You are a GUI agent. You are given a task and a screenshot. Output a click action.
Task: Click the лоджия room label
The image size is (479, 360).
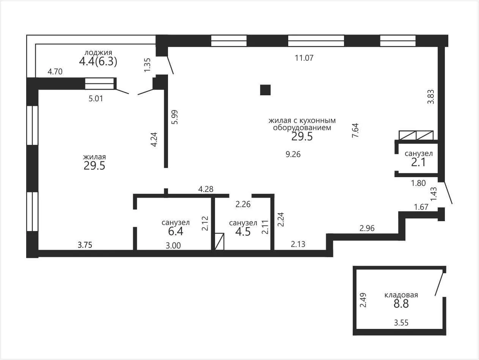(98, 53)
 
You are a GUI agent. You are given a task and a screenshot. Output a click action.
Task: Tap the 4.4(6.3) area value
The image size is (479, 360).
(98, 62)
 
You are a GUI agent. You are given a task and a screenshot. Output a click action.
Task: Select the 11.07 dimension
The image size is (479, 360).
(304, 58)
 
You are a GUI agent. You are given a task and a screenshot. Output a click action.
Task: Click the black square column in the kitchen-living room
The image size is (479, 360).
(265, 90)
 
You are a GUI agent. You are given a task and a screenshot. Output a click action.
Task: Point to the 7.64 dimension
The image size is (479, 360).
(355, 130)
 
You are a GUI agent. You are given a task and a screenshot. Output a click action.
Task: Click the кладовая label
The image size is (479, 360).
(401, 295)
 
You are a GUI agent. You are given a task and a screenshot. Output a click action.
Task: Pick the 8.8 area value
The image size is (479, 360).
(401, 304)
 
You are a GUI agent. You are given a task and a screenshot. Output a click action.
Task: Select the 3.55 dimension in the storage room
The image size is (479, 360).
(401, 322)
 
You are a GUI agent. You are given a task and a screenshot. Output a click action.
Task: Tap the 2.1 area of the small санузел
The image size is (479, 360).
(418, 162)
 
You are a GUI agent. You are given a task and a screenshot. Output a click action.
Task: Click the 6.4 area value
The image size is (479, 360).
(176, 231)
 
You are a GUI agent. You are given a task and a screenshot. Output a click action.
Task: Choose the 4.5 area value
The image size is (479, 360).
(243, 232)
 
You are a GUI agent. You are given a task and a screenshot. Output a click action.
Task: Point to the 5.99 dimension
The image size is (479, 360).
(175, 117)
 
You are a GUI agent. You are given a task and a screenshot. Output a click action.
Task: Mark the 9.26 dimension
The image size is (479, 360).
(293, 154)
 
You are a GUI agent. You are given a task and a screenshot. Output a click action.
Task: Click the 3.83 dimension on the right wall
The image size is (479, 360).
(431, 97)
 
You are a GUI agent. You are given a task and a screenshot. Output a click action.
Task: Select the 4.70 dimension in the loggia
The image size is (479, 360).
(55, 72)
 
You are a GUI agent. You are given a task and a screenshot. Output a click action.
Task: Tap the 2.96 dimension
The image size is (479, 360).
(367, 228)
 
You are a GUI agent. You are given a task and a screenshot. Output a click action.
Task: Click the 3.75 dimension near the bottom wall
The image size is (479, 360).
(85, 245)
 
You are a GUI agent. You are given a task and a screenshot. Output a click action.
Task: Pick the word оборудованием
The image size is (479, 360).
(302, 127)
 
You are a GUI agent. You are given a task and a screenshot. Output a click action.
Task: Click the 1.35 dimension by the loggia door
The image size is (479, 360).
(147, 65)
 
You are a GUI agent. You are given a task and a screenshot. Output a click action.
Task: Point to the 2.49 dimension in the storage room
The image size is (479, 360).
(363, 300)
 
